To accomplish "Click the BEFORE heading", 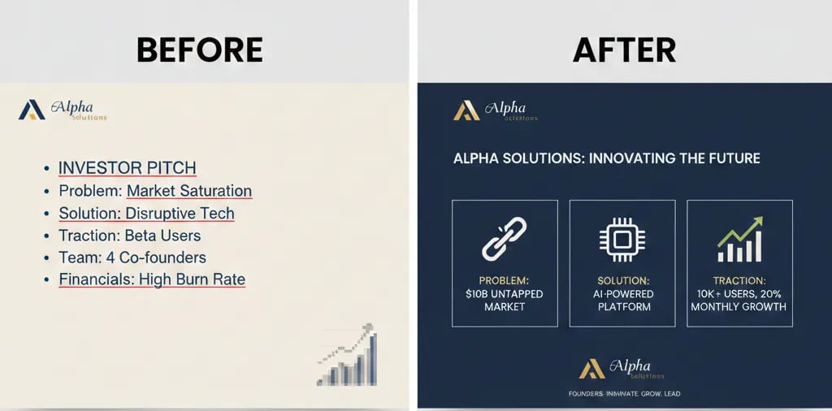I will point(200,50).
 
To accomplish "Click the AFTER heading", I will point(624,50).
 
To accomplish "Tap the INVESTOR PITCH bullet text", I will point(127,168).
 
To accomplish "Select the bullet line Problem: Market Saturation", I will point(155,191).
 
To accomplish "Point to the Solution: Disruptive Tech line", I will point(146,214).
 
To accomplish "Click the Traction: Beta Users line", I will point(129,236).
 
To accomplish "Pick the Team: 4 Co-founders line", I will point(132,257).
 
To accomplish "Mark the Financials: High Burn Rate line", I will point(152,279).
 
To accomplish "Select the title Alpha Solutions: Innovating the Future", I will point(606,158).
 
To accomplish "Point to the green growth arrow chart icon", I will point(739,240).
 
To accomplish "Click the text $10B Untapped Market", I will point(505,300).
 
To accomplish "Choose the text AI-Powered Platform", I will point(622,300).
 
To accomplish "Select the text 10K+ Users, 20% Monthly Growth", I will point(739,300).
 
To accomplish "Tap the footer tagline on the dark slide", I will point(624,394).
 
